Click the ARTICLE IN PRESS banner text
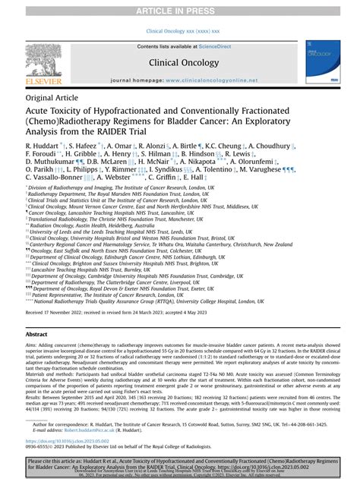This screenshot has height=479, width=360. point(180,8)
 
